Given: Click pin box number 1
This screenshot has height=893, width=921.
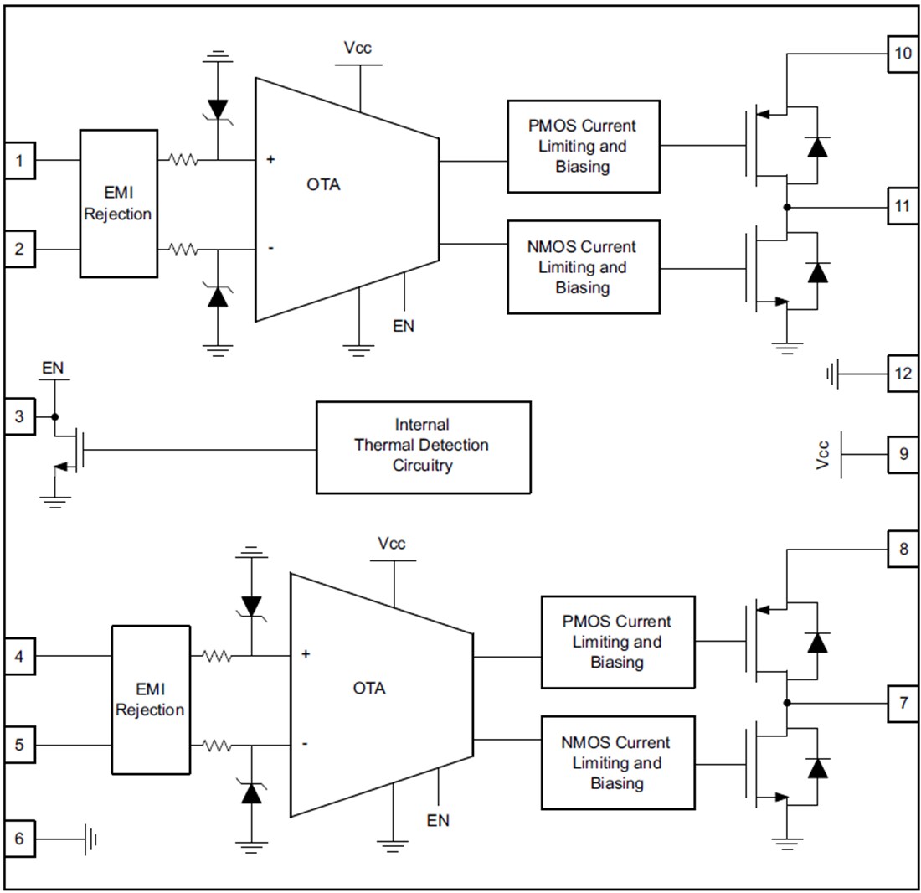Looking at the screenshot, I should (19, 161).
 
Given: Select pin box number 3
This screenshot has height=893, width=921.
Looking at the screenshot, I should (19, 416).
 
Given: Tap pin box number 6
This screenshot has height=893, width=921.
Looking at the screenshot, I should (19, 839).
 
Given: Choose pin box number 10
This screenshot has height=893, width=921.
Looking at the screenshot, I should (903, 54).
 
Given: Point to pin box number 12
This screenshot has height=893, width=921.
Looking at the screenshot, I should (903, 374).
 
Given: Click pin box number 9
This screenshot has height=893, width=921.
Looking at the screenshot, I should (903, 454).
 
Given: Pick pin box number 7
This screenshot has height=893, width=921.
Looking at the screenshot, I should (903, 703).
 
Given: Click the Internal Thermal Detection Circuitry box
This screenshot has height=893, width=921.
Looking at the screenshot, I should (423, 446).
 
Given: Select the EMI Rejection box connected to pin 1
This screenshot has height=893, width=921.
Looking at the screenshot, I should (118, 204).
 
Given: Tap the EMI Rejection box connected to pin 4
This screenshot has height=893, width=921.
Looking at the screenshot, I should (150, 699).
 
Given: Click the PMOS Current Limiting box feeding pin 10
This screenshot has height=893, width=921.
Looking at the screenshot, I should (583, 147).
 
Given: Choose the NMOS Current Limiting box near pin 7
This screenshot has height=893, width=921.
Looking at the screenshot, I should (618, 762).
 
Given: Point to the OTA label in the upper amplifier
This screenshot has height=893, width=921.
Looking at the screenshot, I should (323, 185).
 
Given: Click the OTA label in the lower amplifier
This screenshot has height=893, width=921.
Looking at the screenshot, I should (369, 689).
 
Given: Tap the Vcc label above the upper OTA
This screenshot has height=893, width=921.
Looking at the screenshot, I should (358, 48).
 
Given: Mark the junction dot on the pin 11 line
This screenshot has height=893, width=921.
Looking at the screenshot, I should (787, 207).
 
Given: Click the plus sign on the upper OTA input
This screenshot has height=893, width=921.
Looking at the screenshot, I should (270, 159).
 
